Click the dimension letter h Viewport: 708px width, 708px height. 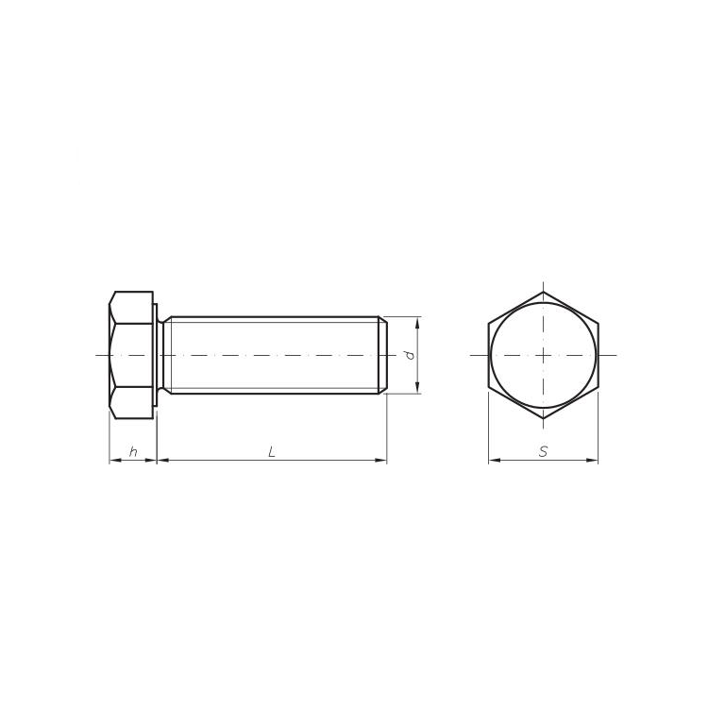133,451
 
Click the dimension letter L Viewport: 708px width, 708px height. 271,451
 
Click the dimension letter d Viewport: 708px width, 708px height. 410,355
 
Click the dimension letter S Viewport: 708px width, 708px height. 543,451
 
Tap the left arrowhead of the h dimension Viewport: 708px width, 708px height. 115,460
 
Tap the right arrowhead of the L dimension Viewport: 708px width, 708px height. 381,460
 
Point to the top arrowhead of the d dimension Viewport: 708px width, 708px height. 417,323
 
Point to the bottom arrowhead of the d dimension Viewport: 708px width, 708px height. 417,388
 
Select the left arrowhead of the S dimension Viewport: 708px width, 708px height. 495,460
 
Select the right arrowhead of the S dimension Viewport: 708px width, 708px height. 593,460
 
